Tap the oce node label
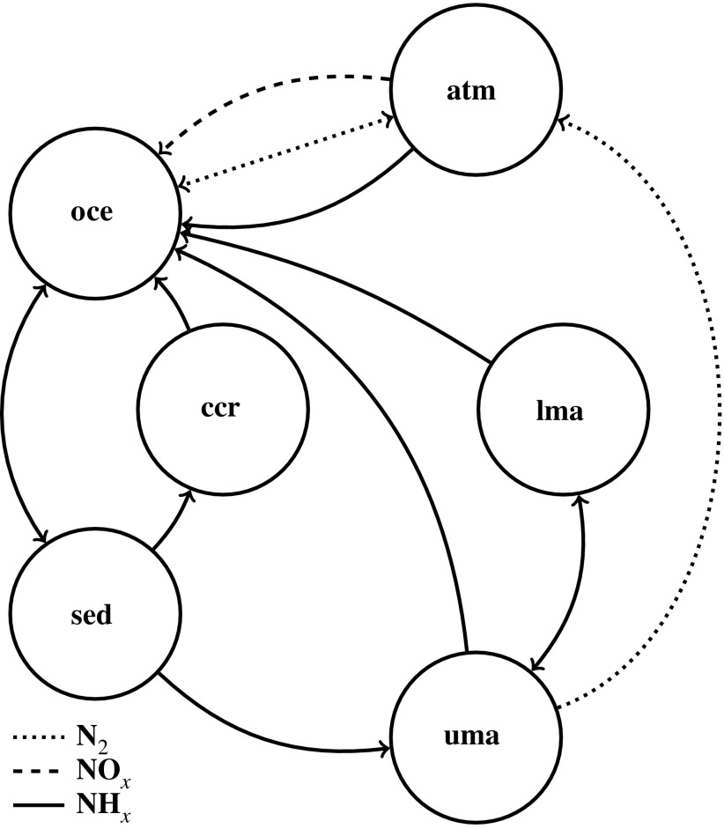94,214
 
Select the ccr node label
223,410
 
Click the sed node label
91,614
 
